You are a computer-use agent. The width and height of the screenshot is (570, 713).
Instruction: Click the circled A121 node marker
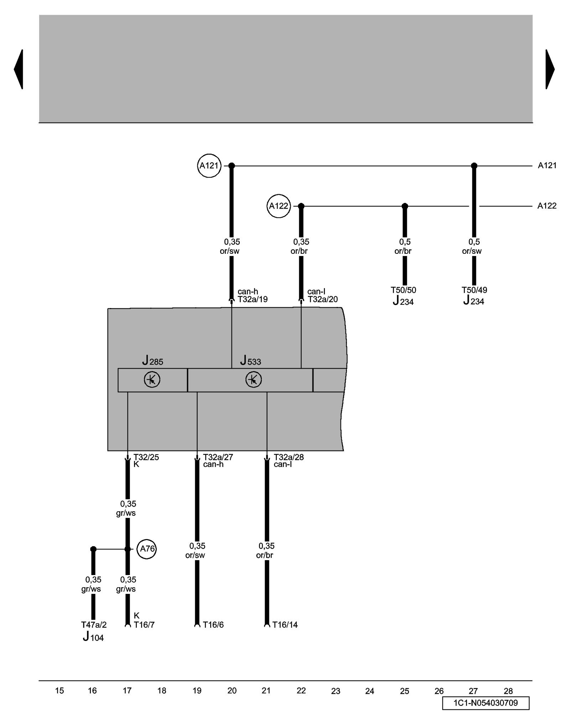209,166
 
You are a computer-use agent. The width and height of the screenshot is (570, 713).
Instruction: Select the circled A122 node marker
279,206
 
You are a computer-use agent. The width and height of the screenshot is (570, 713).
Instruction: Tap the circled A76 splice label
147,549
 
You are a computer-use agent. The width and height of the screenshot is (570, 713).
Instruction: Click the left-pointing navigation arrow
19,69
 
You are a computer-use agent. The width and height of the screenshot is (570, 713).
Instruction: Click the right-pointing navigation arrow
550,69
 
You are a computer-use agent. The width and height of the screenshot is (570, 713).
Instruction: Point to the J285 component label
152,361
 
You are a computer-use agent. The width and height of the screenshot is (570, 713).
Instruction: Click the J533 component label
250,361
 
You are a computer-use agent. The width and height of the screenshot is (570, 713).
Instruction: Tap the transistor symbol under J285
152,380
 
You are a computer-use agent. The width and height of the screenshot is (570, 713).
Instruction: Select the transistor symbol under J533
254,380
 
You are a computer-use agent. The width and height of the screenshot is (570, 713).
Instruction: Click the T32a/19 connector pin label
253,299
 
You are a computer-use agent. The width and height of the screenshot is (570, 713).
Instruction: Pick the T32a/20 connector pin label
323,299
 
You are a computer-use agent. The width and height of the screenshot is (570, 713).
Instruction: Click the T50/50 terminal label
403,290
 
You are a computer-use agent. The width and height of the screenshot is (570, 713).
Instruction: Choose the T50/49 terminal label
474,290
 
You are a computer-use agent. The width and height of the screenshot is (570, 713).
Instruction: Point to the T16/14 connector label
285,625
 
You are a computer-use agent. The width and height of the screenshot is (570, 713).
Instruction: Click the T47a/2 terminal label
94,625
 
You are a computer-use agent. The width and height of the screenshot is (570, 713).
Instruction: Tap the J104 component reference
93,637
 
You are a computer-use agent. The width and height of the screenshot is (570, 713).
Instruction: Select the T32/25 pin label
146,457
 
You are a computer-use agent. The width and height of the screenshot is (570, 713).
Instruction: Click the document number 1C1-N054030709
486,703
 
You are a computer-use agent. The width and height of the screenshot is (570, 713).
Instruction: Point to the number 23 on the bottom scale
336,691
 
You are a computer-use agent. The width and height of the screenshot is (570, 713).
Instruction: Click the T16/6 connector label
213,625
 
